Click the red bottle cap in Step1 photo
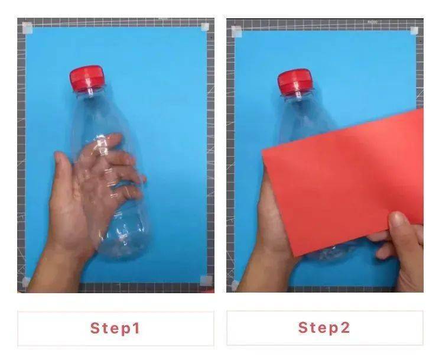(x=87, y=79)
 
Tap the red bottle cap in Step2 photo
(x=294, y=82)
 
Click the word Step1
(x=115, y=328)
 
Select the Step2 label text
(x=324, y=327)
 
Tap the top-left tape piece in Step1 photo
(x=27, y=28)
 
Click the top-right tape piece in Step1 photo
(x=205, y=27)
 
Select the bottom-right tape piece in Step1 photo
(x=206, y=280)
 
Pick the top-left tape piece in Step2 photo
(x=236, y=31)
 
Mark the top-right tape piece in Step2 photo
(x=414, y=30)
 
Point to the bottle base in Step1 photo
(x=123, y=247)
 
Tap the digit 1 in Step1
(x=136, y=328)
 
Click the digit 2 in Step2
(x=345, y=327)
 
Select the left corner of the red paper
(x=262, y=151)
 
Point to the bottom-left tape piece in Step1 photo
(x=26, y=281)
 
